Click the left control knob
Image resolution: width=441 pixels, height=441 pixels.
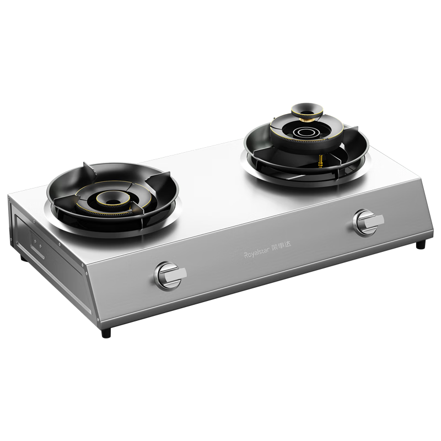coord(167,275)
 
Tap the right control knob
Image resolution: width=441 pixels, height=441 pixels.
coord(364,222)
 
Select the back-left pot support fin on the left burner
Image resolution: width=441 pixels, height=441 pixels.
coord(88,170)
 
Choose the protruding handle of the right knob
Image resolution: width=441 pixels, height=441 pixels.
coord(375,220)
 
